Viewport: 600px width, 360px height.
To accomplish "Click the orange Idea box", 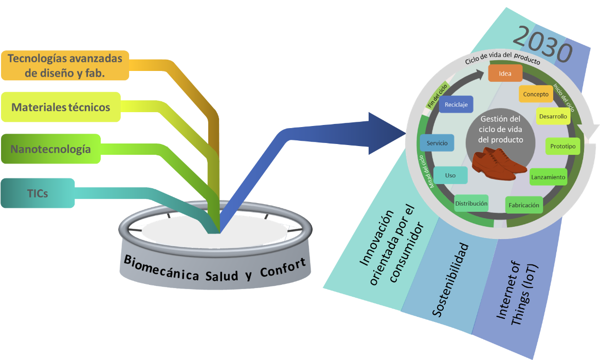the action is pyautogui.click(x=505, y=73).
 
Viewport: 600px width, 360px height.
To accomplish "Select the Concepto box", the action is pyautogui.click(x=536, y=94).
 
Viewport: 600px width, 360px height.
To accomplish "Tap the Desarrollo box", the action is pyautogui.click(x=553, y=116).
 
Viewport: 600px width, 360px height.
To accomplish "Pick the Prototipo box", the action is pyautogui.click(x=563, y=146).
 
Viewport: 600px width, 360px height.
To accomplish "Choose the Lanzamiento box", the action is pyautogui.click(x=548, y=177).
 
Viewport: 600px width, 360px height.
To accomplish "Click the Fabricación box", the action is pyautogui.click(x=524, y=205).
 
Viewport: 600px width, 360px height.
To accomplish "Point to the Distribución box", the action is pyautogui.click(x=471, y=204).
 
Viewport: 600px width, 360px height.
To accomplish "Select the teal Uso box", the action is pyautogui.click(x=450, y=175).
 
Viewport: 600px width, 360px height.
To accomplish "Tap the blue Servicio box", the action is pyautogui.click(x=437, y=142).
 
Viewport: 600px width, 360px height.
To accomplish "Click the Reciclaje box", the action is pyautogui.click(x=456, y=104).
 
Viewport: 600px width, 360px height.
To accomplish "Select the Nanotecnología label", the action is pyautogui.click(x=50, y=149).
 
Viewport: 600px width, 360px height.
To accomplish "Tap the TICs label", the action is pyautogui.click(x=38, y=193).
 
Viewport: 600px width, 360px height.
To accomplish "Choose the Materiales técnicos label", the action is pyautogui.click(x=61, y=107).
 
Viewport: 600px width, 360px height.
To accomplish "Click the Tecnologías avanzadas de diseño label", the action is pyautogui.click(x=65, y=65).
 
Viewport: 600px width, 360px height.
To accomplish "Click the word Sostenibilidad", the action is pyautogui.click(x=450, y=280).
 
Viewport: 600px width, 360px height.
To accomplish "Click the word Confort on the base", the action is pyautogui.click(x=283, y=267).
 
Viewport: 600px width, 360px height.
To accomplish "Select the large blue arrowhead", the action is pyautogui.click(x=385, y=134).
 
